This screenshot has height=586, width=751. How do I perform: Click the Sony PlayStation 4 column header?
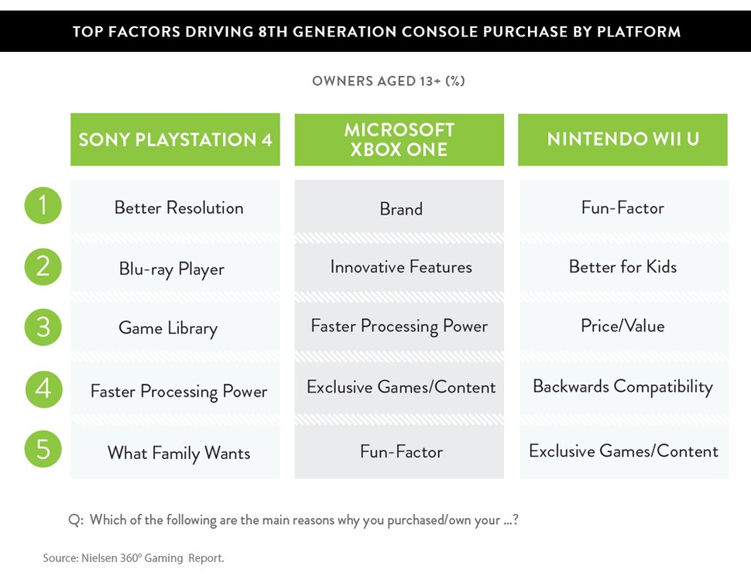tap(175, 140)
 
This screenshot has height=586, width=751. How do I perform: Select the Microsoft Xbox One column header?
tap(399, 140)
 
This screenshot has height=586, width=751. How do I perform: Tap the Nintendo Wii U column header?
tap(622, 139)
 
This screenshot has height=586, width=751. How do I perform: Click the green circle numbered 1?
tap(43, 205)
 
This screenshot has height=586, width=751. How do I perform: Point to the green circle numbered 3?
tap(43, 327)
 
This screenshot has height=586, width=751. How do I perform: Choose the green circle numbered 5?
tap(43, 450)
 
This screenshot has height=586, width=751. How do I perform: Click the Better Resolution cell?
tap(178, 207)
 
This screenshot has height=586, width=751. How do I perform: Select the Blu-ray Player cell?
tap(171, 269)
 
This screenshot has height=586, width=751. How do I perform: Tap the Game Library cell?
tap(168, 327)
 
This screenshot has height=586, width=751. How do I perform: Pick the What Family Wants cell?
tap(179, 453)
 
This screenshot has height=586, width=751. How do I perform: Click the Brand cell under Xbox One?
tap(400, 209)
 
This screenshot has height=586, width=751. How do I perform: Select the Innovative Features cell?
tap(400, 267)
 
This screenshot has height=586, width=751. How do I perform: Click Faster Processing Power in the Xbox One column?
tap(399, 326)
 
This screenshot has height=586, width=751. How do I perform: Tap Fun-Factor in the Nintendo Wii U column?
tap(622, 207)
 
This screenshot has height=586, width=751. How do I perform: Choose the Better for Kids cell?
tap(622, 267)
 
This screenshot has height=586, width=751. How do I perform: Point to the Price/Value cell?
tap(622, 326)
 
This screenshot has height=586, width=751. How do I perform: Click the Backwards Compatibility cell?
tap(622, 386)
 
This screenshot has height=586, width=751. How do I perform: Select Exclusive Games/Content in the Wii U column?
tap(623, 451)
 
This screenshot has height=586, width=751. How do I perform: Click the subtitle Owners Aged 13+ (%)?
tap(388, 81)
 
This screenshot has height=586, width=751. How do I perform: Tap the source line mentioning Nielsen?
tap(133, 557)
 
